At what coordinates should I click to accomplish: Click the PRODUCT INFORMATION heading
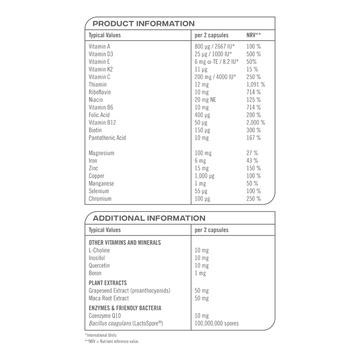click(143, 24)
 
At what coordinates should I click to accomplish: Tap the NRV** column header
click(253, 35)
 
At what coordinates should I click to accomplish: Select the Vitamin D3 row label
click(101, 54)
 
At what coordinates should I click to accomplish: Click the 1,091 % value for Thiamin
click(256, 84)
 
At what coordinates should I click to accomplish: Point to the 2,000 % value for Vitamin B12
click(256, 122)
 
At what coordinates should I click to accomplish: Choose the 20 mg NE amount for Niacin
click(205, 100)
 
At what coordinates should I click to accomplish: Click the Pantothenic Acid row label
click(107, 138)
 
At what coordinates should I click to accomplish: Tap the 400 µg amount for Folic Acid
click(202, 115)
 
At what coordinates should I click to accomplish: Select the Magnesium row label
click(101, 153)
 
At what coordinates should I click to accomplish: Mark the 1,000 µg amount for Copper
click(204, 176)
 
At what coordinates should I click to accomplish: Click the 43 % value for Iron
click(252, 161)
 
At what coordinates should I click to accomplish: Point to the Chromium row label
click(100, 199)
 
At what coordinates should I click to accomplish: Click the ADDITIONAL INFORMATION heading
click(149, 218)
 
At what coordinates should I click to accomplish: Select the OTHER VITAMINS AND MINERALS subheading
click(125, 242)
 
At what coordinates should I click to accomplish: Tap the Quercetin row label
click(99, 265)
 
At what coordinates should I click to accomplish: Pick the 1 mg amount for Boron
click(200, 273)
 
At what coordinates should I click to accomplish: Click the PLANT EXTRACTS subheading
click(108, 283)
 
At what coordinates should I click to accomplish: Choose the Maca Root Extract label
click(109, 298)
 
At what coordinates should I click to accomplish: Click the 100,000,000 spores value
click(217, 323)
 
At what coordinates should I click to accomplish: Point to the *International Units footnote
click(101, 335)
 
